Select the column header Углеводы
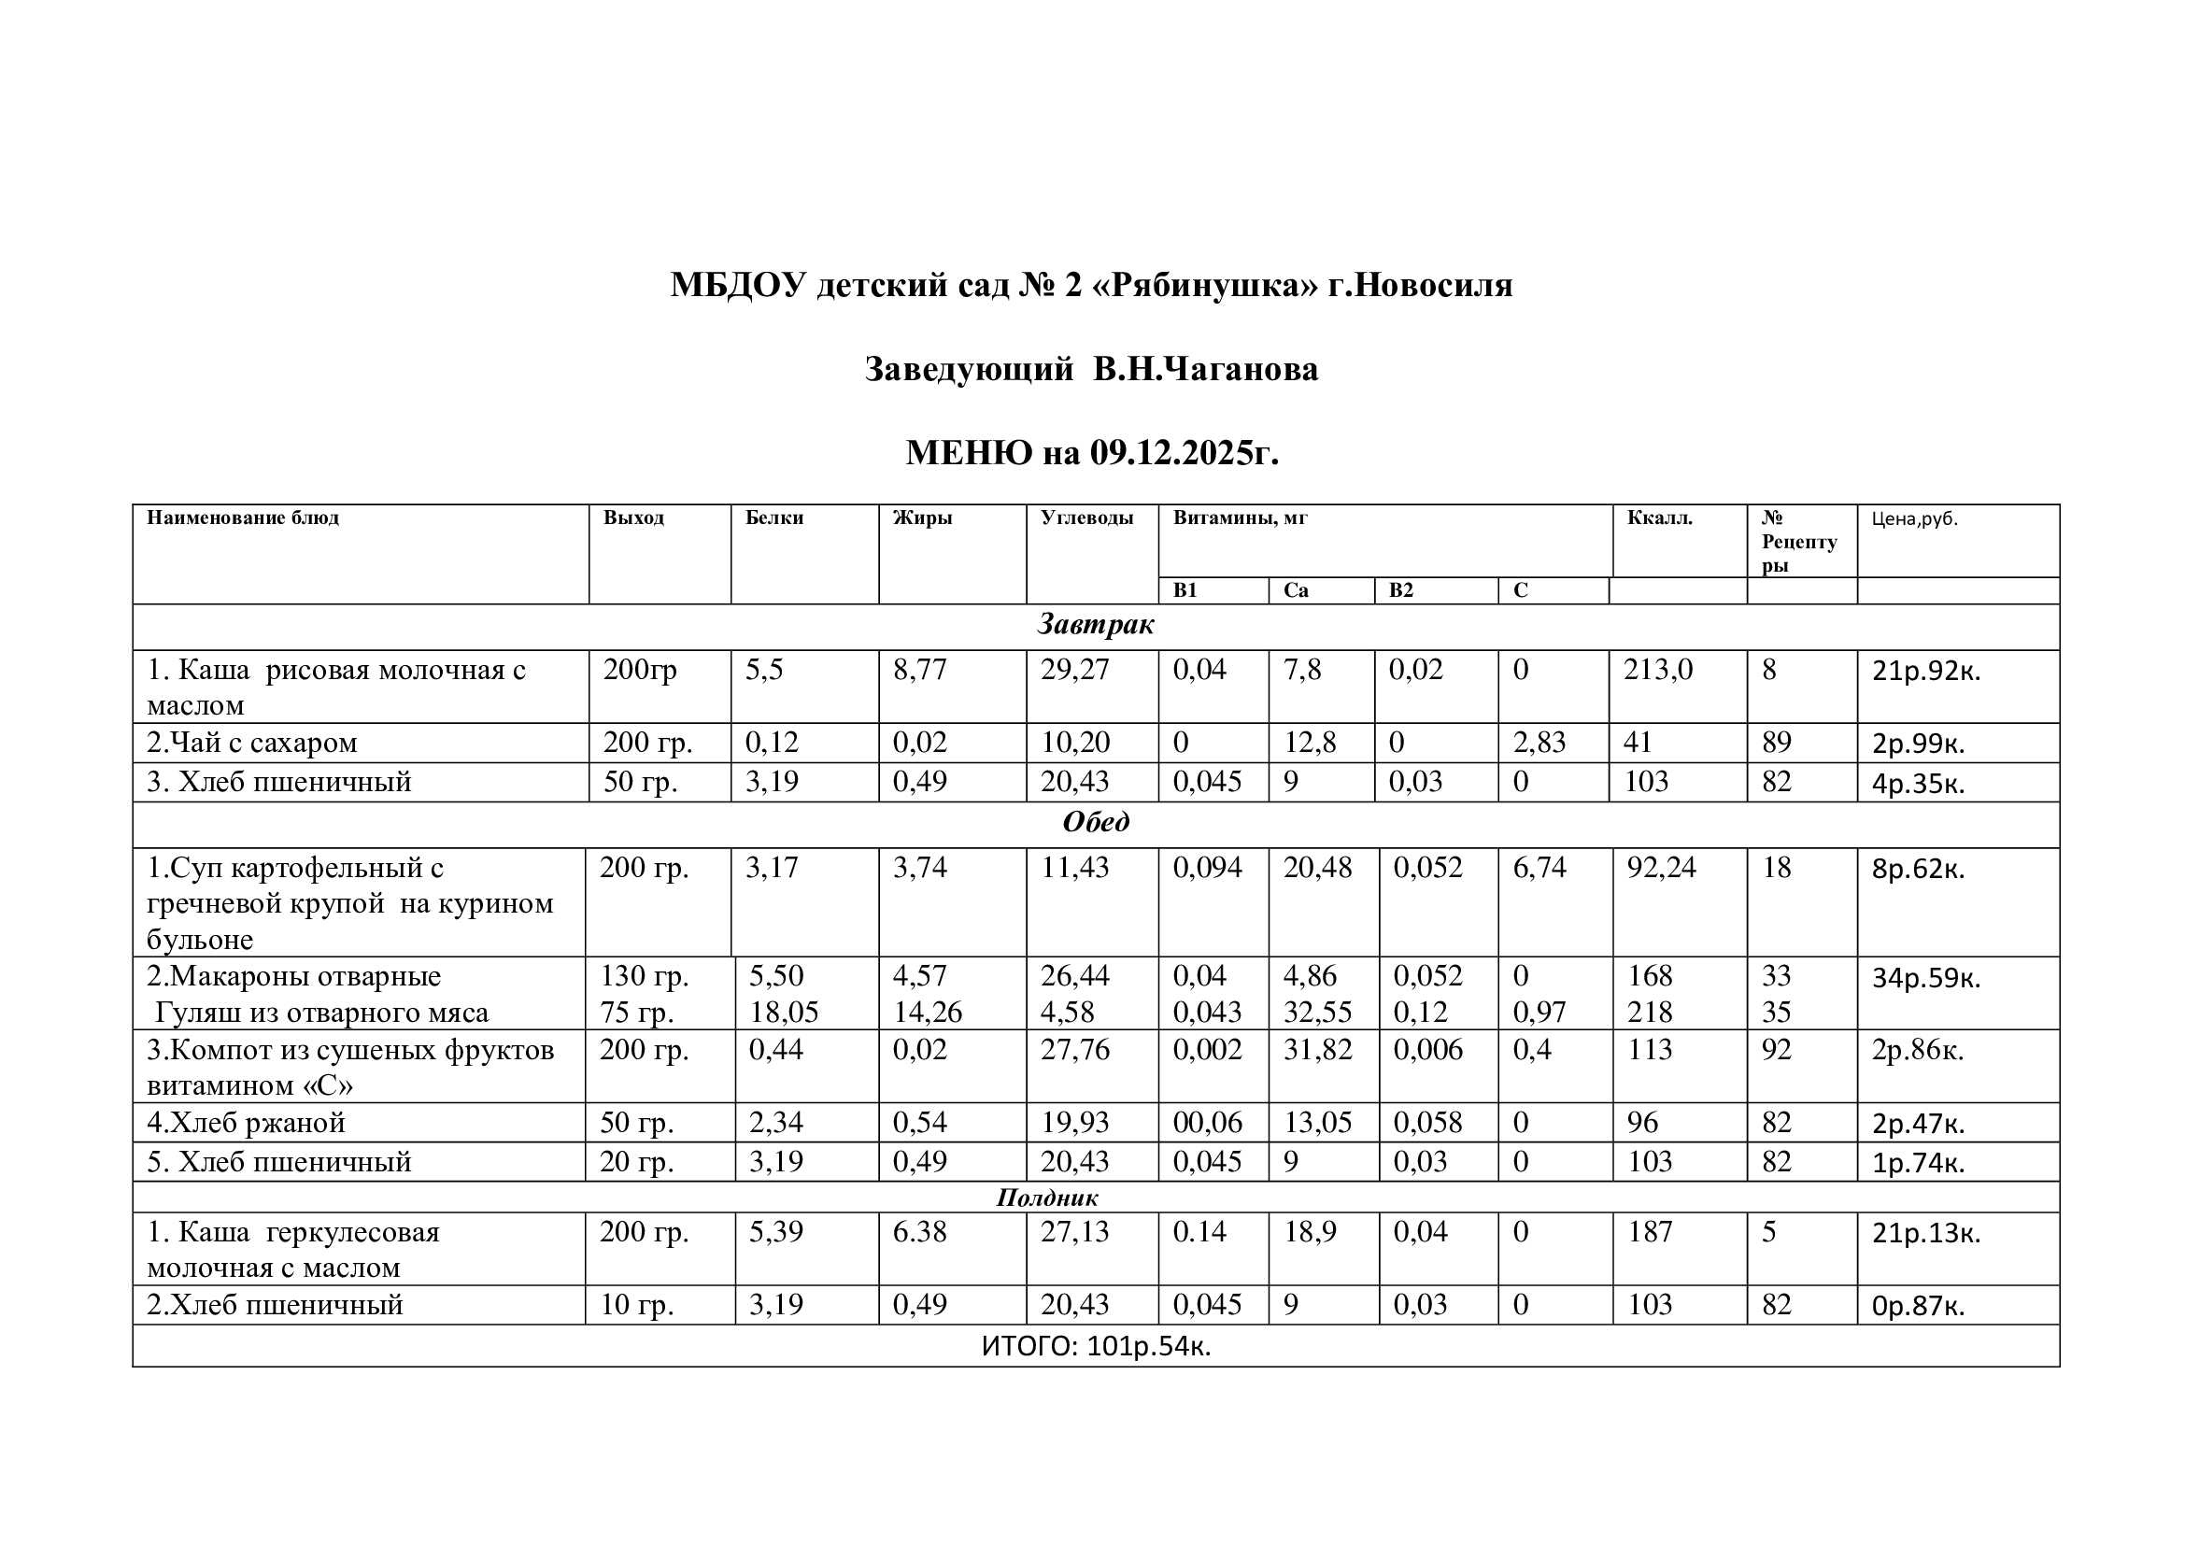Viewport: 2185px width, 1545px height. (x=1086, y=518)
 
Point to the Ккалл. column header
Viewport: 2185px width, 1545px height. (x=1660, y=518)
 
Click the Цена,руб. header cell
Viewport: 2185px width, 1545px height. (x=1915, y=519)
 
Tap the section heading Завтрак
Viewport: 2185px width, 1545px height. (x=1096, y=625)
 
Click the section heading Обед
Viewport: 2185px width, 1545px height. (x=1096, y=822)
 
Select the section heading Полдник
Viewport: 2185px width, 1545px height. (x=1047, y=1198)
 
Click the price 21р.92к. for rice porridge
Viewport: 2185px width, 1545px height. (x=1926, y=672)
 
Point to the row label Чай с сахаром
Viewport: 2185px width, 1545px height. (x=252, y=743)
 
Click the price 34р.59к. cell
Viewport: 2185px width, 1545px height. (x=1926, y=978)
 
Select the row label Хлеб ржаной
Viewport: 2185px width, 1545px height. (x=246, y=1124)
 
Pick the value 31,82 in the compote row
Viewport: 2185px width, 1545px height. (x=1317, y=1050)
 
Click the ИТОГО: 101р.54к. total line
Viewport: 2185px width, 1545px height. (x=1096, y=1347)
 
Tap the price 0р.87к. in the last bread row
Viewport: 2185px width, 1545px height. (x=1919, y=1306)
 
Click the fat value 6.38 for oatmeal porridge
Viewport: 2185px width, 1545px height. (x=919, y=1233)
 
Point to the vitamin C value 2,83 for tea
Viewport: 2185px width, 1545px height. (x=1539, y=743)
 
